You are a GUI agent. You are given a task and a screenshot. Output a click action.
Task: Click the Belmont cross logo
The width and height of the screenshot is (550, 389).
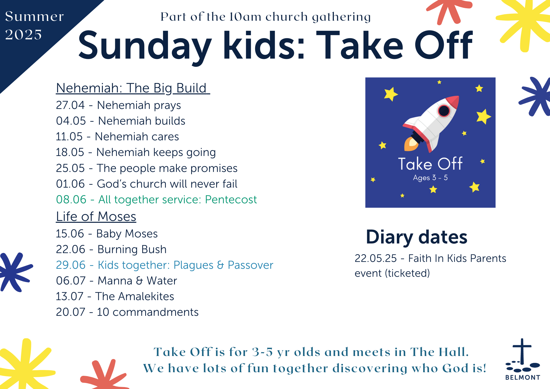pos(522,359)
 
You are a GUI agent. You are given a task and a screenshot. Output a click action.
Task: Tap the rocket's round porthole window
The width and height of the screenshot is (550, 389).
pos(444,111)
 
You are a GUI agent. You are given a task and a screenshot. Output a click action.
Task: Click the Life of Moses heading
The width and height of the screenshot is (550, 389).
pos(96,217)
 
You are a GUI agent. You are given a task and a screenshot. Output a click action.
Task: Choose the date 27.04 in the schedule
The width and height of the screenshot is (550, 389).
pos(70,105)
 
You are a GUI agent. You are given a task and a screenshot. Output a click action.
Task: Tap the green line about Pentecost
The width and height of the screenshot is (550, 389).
pos(156,199)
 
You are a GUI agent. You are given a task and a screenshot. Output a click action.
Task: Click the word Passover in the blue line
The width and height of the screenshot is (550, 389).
pos(250,265)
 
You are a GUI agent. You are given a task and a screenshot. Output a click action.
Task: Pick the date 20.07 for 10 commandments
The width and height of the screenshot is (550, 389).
pos(70,312)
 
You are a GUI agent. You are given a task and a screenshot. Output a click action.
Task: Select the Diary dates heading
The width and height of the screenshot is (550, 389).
pos(417,237)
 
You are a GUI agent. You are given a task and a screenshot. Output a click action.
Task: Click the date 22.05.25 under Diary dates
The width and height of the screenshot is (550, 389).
pos(376,258)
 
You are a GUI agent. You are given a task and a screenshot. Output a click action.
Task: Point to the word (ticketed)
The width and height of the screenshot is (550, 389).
pos(407,273)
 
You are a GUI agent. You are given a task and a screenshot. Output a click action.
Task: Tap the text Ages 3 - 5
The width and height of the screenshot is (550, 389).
pos(430,178)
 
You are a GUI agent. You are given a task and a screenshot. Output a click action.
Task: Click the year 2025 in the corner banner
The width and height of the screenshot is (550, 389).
pos(23,35)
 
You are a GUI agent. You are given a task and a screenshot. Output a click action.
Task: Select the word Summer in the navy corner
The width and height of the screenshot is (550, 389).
pos(34,16)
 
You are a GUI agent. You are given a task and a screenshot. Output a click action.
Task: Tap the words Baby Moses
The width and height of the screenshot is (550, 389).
pos(127,234)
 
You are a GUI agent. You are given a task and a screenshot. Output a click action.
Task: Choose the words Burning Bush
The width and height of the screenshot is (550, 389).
pos(132,249)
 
